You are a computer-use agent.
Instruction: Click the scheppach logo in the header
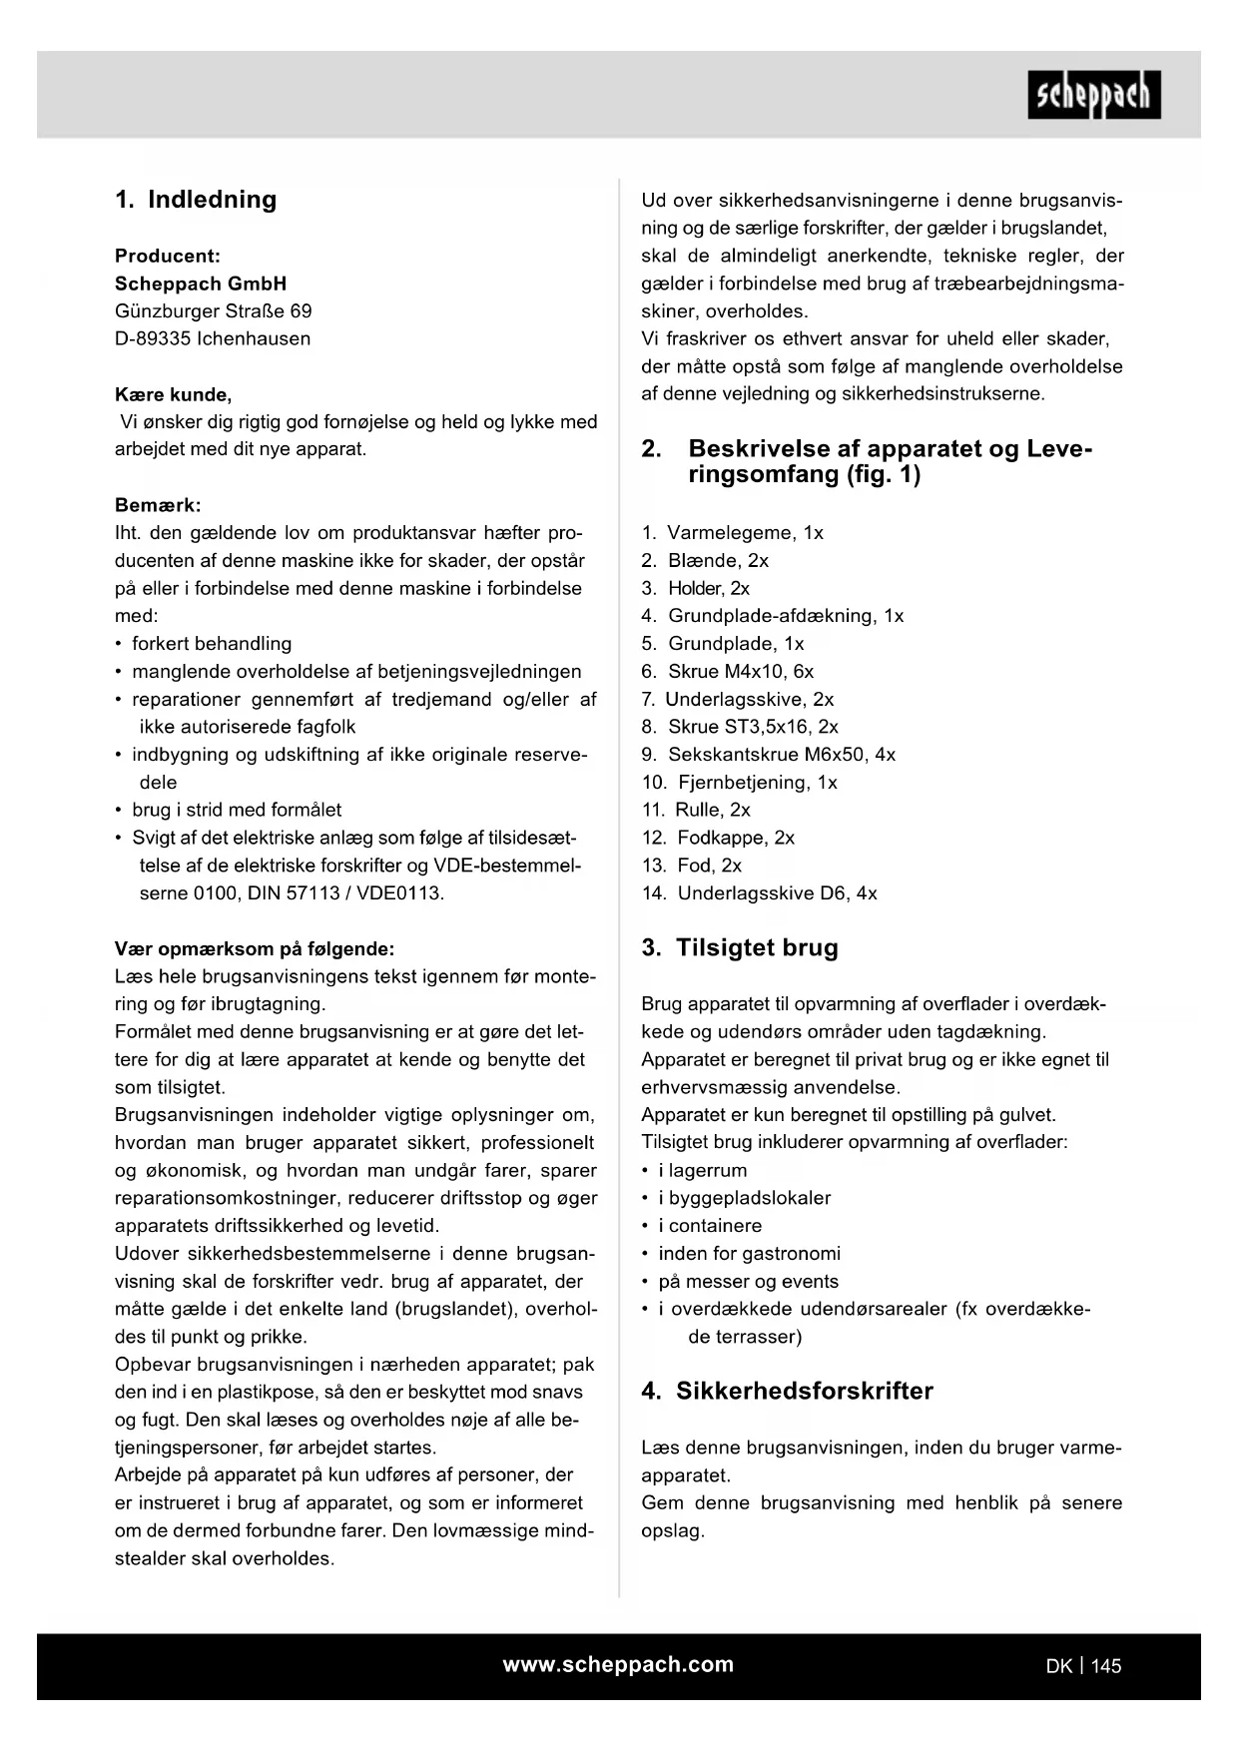pos(1093,95)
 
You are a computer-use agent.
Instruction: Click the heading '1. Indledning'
pos(196,200)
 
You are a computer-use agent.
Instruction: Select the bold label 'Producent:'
pos(168,256)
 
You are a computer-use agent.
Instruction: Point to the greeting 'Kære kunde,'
pos(173,394)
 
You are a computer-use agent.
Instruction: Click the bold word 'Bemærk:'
pos(158,505)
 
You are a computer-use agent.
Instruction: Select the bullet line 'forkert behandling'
pos(212,644)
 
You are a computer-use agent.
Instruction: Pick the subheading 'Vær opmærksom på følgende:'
pos(255,948)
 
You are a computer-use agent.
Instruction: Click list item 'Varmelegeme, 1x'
pos(745,533)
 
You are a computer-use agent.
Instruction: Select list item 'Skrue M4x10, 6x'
pos(741,672)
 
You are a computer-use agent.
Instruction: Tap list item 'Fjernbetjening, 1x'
pos(757,783)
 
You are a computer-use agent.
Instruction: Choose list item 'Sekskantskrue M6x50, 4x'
pos(782,755)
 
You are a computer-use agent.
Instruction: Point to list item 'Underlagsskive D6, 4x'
pos(777,893)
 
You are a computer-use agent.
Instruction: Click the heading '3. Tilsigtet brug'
pos(740,947)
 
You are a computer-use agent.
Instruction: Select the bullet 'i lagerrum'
pos(702,1170)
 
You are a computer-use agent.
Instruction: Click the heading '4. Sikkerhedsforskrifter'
pos(788,1391)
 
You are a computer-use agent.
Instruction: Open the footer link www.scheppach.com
pos(618,1664)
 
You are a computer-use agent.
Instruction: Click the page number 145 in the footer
pos(1106,1666)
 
